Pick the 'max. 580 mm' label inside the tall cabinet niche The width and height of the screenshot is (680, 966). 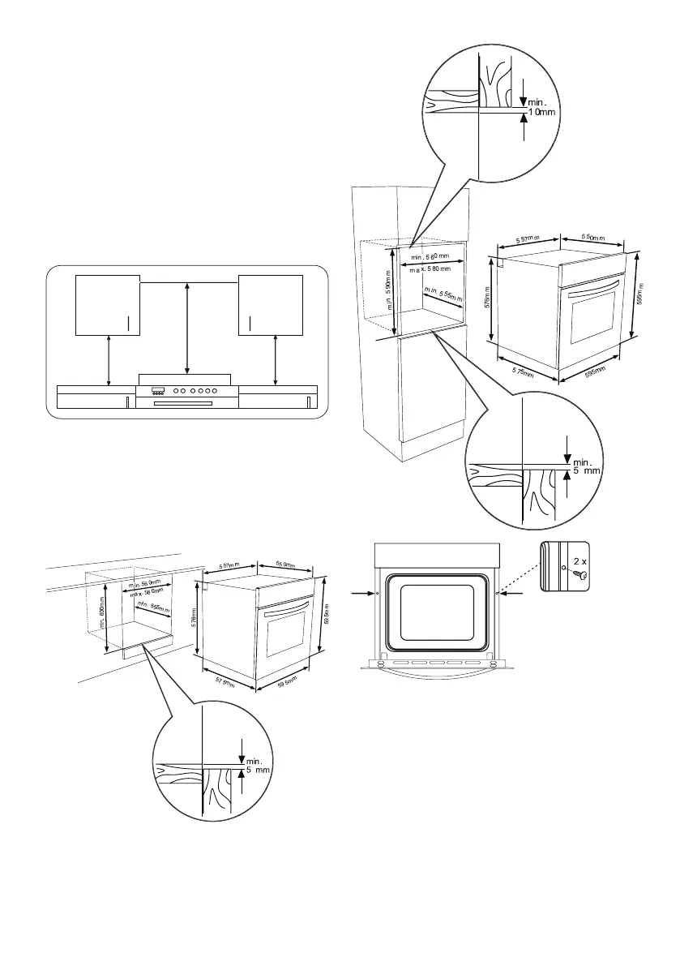coord(435,268)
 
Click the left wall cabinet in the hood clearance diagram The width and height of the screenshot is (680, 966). coord(107,304)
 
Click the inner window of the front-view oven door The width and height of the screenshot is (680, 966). coord(435,610)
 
